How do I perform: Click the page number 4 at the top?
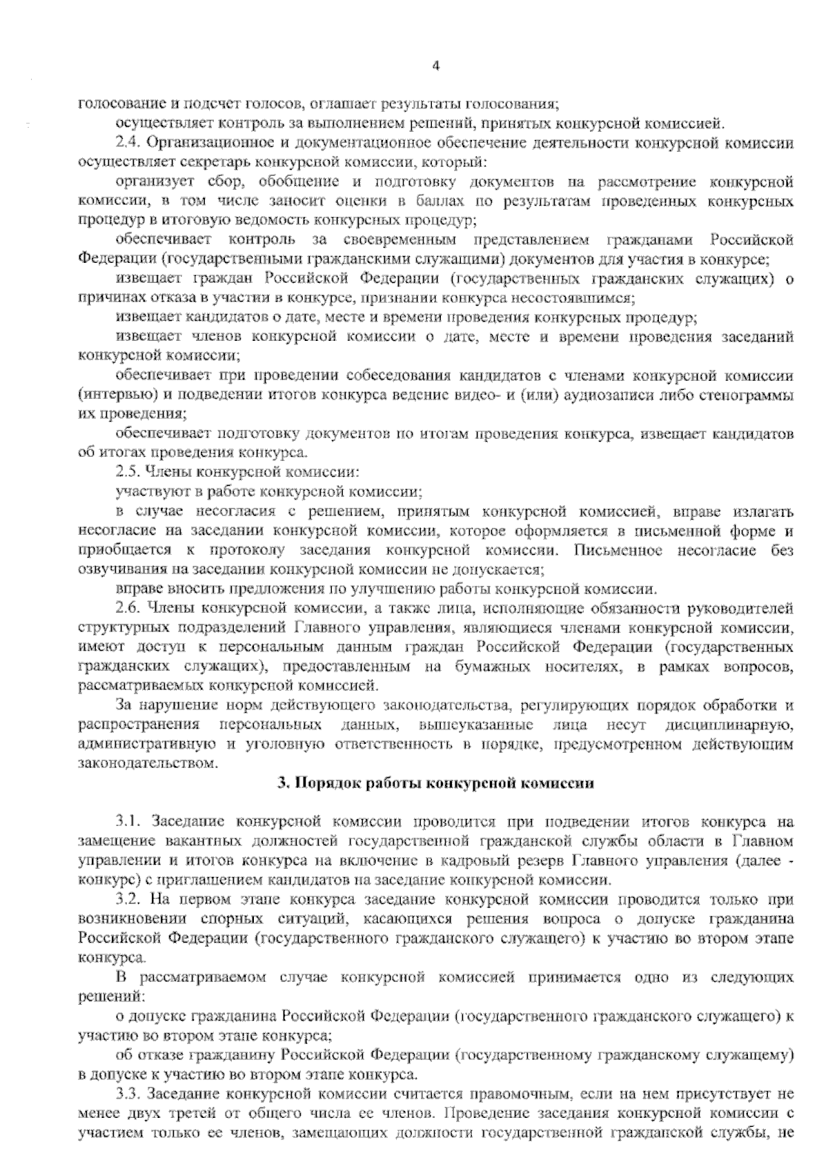tap(435, 66)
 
